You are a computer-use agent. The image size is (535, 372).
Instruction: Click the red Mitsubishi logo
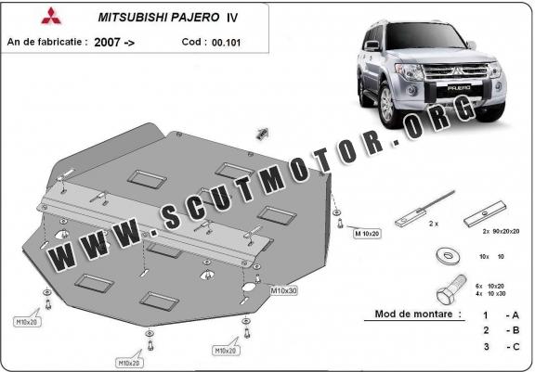[51, 16]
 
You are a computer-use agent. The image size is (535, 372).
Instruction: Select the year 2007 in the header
[107, 43]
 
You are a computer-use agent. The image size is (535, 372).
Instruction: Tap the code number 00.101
[227, 43]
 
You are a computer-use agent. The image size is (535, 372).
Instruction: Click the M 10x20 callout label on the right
[367, 234]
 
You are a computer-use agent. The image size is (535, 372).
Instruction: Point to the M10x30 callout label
[283, 290]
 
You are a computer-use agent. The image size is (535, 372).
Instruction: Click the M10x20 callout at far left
[27, 322]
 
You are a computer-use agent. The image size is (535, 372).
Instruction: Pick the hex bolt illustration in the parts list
[450, 290]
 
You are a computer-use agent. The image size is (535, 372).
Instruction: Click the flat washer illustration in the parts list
[448, 256]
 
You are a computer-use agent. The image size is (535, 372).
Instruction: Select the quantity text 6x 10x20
[490, 286]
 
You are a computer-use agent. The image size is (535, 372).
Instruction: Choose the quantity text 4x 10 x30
[490, 294]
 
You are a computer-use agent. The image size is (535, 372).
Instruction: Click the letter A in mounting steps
[515, 315]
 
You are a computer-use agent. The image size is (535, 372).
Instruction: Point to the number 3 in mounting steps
[486, 346]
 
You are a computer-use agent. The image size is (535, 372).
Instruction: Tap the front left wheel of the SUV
[388, 104]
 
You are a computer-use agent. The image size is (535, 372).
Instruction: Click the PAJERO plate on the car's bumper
[459, 88]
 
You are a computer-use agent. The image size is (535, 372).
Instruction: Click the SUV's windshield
[425, 36]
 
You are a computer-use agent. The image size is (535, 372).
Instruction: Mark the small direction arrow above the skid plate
[262, 134]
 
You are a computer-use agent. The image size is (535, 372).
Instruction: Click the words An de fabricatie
[45, 42]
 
